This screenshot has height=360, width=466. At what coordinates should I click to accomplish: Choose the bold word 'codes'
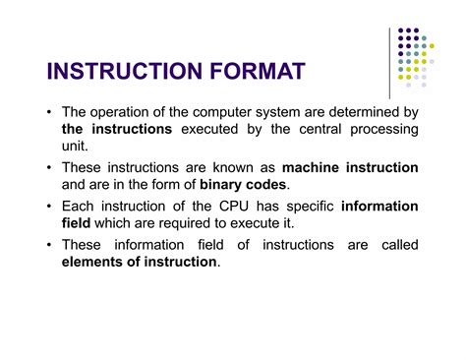[277, 184]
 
